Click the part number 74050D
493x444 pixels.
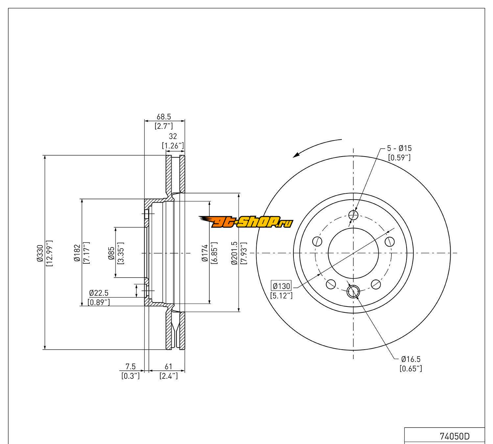(455, 436)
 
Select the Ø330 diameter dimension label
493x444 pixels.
(40, 253)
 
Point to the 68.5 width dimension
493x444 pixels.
(164, 117)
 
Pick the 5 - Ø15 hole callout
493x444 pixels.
(399, 148)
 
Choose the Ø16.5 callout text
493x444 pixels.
(411, 359)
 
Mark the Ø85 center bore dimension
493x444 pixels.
(111, 253)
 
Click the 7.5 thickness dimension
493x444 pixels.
(130, 366)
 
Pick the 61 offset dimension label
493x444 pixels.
(168, 366)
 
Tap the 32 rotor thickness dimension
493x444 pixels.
(173, 136)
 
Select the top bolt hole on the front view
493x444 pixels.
(353, 215)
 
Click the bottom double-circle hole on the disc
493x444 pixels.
(353, 291)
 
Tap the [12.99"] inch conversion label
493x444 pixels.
(50, 253)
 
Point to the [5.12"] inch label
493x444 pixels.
(281, 295)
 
